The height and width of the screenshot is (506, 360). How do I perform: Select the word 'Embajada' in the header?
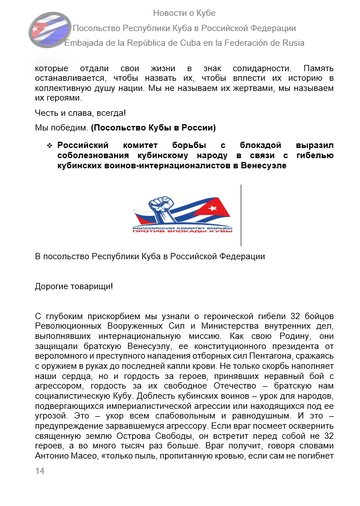[x=82, y=43]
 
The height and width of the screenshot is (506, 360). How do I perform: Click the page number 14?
[x=40, y=470]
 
